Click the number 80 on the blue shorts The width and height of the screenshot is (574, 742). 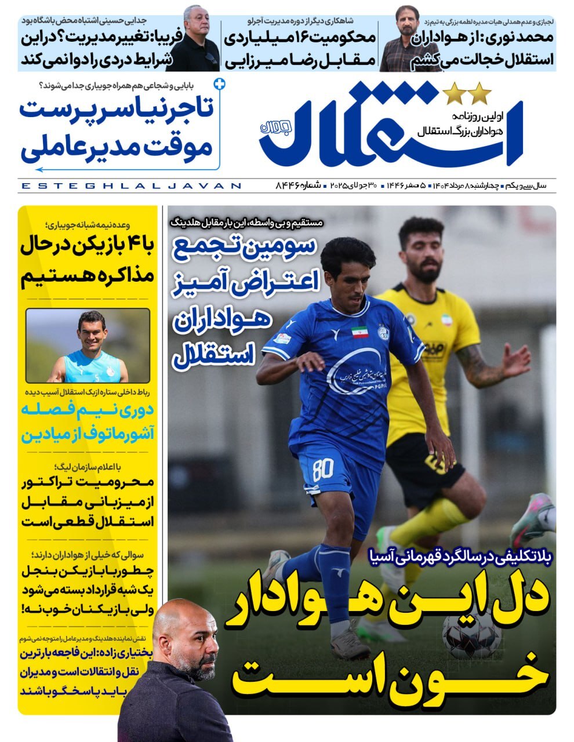[322, 469]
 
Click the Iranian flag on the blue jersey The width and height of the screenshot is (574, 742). [359, 333]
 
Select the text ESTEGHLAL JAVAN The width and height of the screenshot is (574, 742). [130, 186]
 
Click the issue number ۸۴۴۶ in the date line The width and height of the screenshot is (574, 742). [289, 186]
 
